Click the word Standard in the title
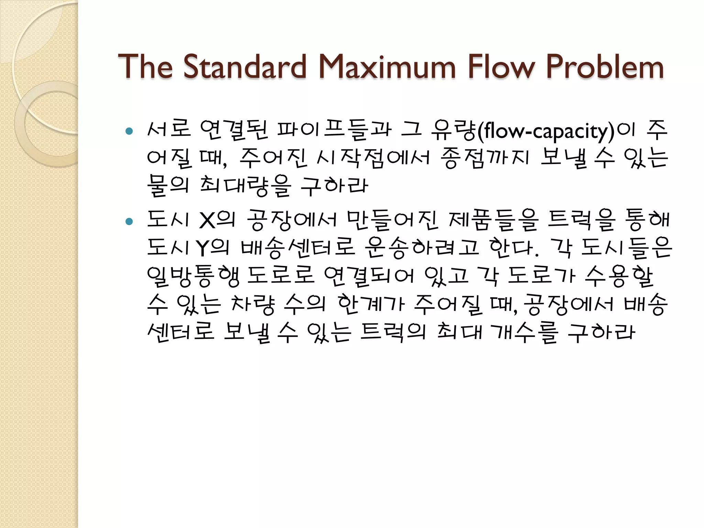click(x=244, y=67)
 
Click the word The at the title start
click(x=145, y=67)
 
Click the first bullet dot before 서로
click(x=129, y=131)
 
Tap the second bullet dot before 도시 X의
click(x=129, y=221)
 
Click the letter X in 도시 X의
click(x=207, y=220)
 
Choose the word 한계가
click(x=371, y=304)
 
